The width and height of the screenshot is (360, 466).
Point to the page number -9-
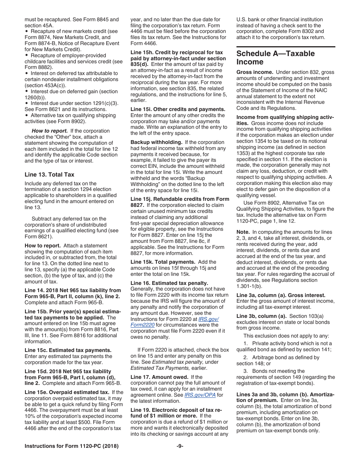point(180,446)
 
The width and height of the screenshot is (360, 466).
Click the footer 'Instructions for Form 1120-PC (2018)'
point(72,446)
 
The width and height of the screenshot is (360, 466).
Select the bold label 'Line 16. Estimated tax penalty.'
point(169,283)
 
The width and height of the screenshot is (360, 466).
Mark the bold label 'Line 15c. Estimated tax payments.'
point(68,350)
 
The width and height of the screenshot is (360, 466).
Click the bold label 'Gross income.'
point(255,72)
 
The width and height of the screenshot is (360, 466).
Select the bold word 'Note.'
point(243,232)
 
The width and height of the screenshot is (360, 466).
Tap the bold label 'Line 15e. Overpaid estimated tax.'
point(67,392)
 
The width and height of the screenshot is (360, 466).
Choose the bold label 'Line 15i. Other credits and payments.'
point(178,109)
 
